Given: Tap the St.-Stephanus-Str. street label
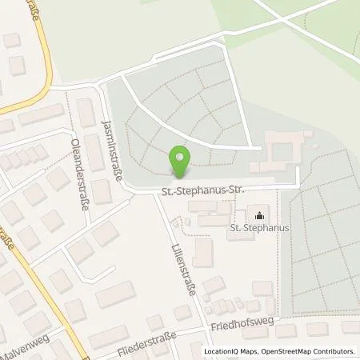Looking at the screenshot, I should (203, 190).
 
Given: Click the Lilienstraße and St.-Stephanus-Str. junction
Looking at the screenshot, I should (155, 192).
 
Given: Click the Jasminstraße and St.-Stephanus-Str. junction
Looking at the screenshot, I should (121, 192).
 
